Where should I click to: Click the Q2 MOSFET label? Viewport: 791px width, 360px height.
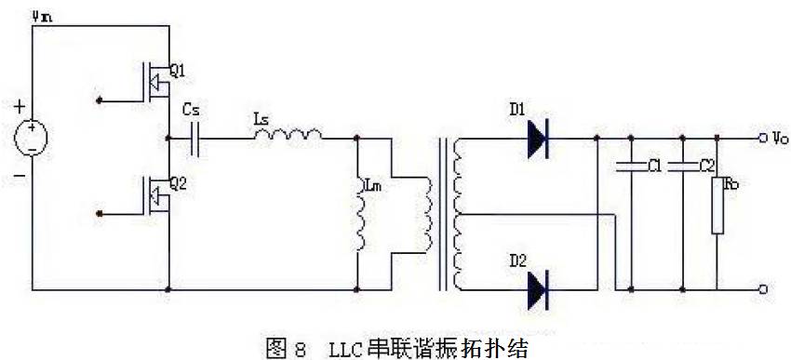point(179,183)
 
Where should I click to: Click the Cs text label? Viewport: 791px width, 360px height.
point(191,110)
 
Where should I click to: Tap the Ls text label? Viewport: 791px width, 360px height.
point(261,118)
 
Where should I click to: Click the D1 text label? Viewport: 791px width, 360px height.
point(517,110)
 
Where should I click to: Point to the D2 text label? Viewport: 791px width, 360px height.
point(517,258)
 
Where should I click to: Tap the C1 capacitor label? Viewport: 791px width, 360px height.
point(654,167)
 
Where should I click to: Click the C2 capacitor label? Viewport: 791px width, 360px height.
point(707,167)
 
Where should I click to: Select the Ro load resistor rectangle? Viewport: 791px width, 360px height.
point(717,205)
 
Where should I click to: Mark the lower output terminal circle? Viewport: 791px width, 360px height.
point(763,289)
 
